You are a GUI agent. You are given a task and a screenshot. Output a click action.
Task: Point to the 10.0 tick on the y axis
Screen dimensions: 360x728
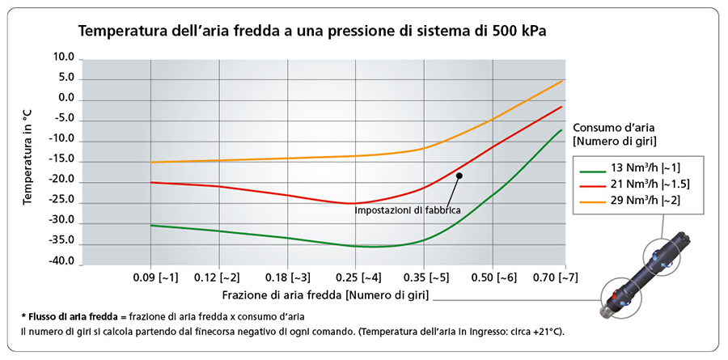pos(63,58)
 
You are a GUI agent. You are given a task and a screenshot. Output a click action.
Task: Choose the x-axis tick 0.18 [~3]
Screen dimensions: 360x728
pos(287,278)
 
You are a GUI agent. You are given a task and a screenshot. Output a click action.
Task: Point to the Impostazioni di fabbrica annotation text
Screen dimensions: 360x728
pos(408,210)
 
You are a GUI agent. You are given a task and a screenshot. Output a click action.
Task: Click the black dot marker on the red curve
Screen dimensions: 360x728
pos(459,176)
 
